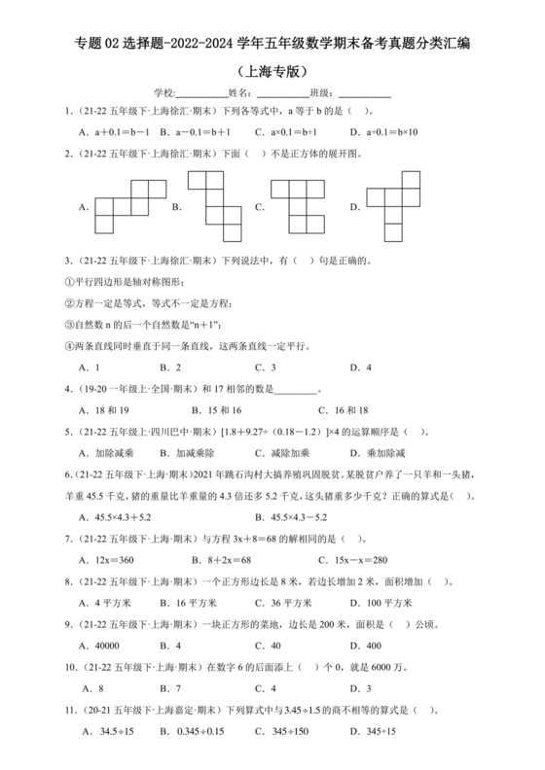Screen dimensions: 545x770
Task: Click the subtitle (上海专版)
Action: [272, 71]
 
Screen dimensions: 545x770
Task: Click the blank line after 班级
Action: [363, 93]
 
